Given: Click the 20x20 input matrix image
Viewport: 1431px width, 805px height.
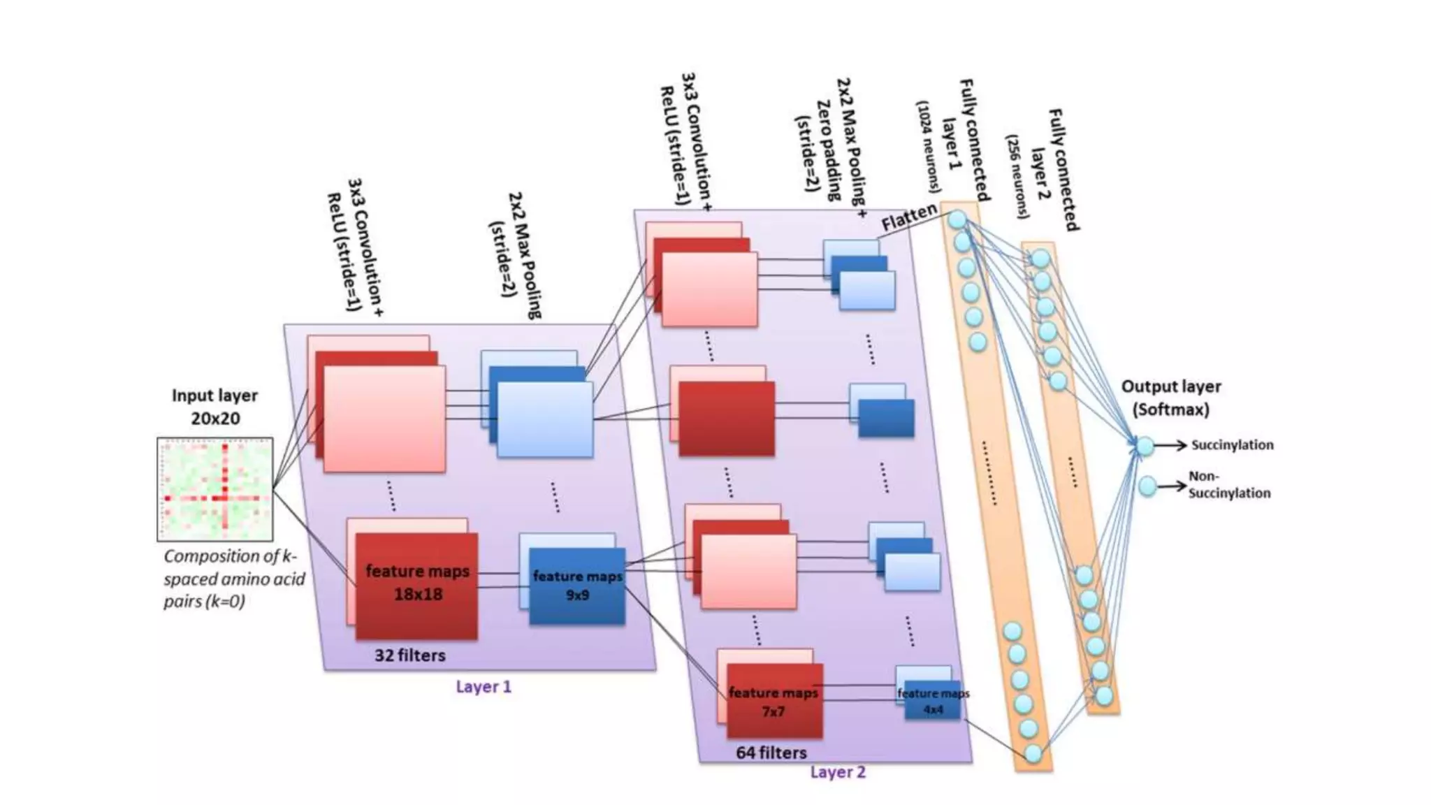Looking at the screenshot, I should coord(215,489).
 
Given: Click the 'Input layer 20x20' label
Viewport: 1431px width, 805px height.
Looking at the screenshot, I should coord(215,407).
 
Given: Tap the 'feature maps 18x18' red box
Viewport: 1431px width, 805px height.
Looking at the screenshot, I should coord(417,583).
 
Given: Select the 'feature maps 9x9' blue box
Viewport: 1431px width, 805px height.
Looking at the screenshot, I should coord(577,586).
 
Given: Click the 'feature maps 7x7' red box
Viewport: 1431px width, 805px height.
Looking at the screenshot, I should coord(773,702).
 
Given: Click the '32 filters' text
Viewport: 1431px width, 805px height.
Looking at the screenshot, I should coord(409,655).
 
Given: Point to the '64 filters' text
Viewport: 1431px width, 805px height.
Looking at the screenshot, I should coord(771,753).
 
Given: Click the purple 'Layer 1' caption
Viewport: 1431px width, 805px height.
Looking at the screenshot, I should coord(483,687).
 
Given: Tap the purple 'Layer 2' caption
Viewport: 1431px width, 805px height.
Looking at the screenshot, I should coord(837,772).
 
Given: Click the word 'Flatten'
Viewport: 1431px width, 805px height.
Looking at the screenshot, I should coord(908,217).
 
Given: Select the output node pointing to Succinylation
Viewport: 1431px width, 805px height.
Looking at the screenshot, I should coord(1145,445).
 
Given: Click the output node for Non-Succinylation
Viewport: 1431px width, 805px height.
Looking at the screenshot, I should coord(1147,486).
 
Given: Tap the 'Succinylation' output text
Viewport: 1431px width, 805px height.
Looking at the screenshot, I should coord(1232,445).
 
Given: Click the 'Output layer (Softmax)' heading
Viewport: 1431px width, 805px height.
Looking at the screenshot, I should coord(1170,398).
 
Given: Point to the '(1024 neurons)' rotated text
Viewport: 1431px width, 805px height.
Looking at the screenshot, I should coord(929,146).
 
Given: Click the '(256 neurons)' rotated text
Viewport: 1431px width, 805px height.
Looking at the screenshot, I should coord(1017,176).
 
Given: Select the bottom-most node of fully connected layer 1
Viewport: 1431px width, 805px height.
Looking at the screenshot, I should coord(1033,753).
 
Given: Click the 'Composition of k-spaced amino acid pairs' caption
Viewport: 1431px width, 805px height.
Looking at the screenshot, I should coord(233,579).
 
